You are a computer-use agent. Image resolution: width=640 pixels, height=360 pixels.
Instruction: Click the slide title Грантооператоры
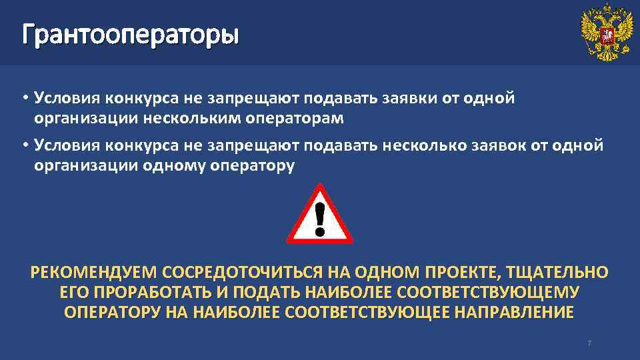pos(129,33)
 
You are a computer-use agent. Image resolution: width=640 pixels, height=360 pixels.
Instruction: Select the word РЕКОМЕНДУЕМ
pos(93,273)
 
